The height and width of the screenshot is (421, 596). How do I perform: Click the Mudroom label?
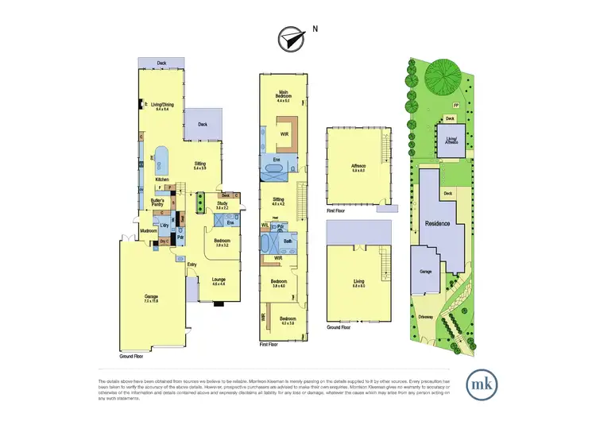(x=148, y=231)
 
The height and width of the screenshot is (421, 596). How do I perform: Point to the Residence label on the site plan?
(x=438, y=223)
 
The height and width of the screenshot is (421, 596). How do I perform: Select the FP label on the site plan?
(x=455, y=104)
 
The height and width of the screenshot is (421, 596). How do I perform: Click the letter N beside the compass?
(x=315, y=29)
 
